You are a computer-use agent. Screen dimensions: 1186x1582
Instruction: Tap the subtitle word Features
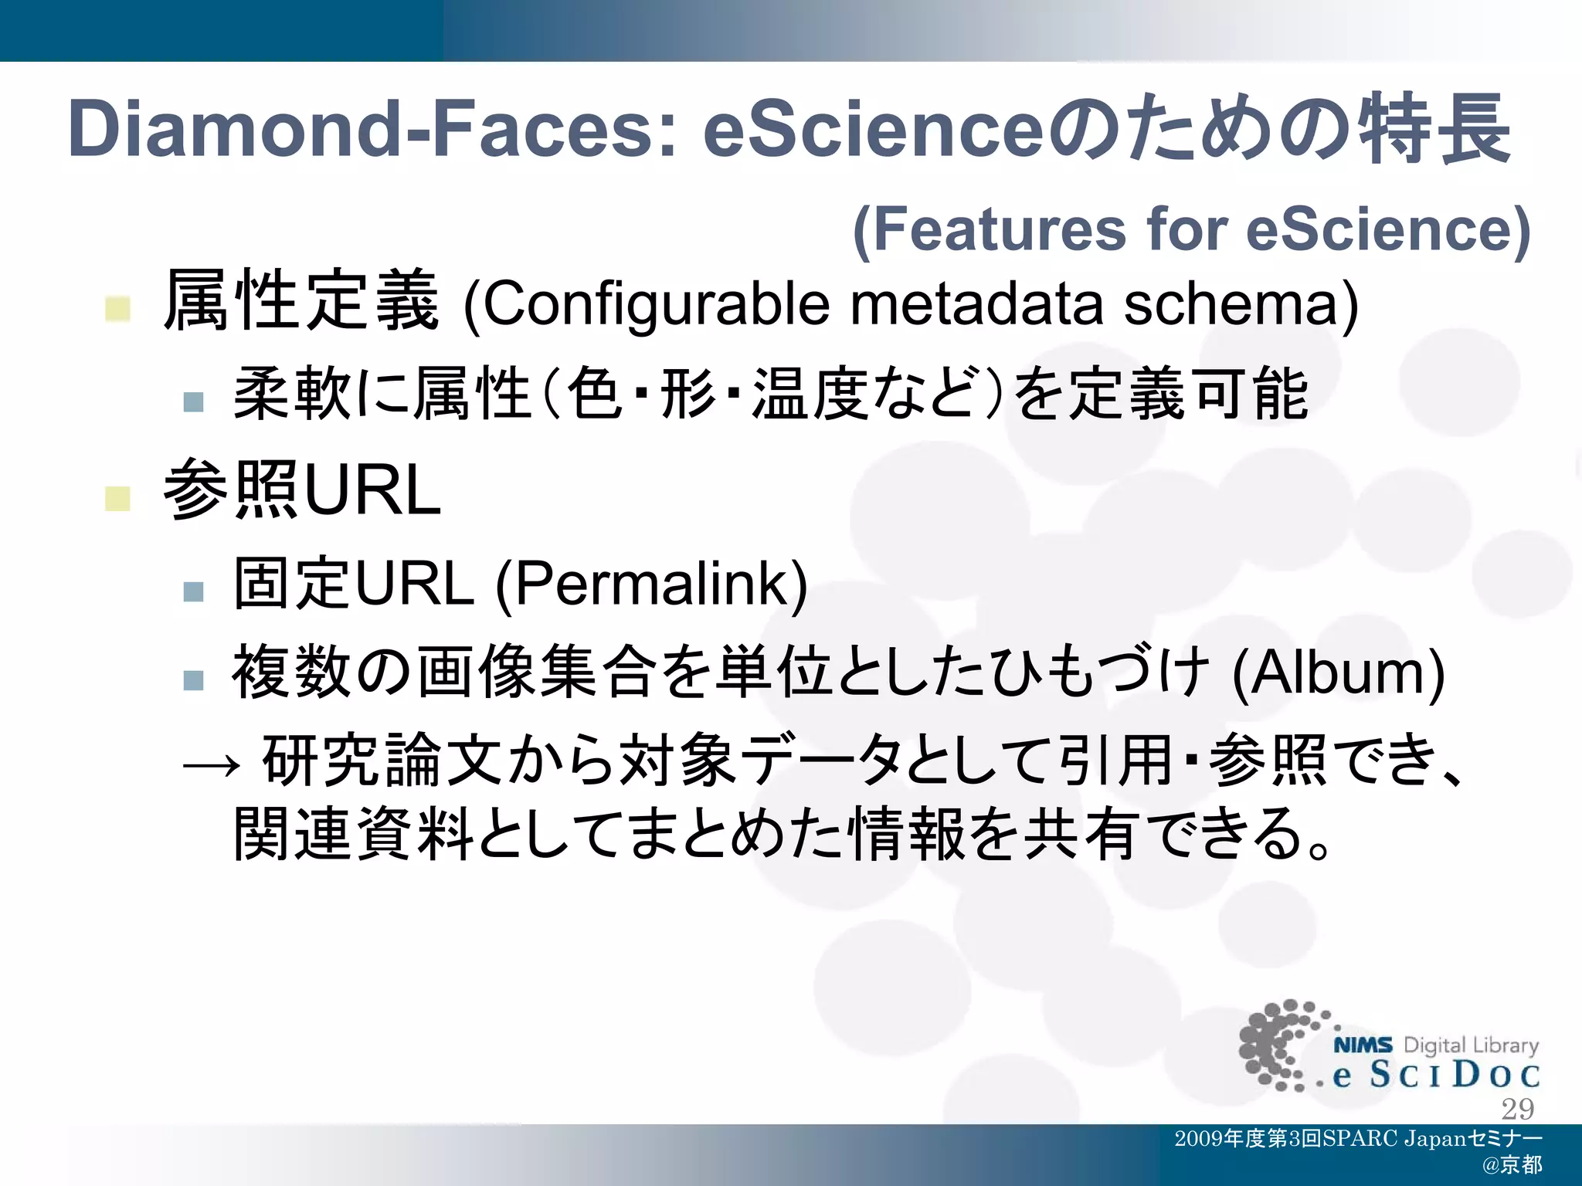point(990,229)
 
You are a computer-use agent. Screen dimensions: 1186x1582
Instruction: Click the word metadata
point(976,303)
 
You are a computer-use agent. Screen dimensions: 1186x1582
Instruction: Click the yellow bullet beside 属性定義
point(118,309)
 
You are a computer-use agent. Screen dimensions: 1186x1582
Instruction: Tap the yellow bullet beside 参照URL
point(118,499)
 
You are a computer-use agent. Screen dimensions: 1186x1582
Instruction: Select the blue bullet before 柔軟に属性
point(193,402)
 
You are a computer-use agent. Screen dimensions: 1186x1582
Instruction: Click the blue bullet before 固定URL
point(193,591)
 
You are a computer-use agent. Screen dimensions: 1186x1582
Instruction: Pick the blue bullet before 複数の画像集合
point(193,679)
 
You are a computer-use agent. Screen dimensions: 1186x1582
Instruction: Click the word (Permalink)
point(651,585)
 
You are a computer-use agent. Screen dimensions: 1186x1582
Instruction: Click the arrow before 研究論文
point(211,765)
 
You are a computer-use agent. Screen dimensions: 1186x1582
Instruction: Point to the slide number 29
point(1517,1109)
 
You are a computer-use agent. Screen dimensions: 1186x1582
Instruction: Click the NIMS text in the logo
point(1363,1045)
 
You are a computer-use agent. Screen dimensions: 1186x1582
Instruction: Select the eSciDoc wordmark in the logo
point(1436,1075)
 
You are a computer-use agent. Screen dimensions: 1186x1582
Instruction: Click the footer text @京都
point(1512,1165)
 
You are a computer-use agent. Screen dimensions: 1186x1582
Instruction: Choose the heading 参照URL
point(302,490)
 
